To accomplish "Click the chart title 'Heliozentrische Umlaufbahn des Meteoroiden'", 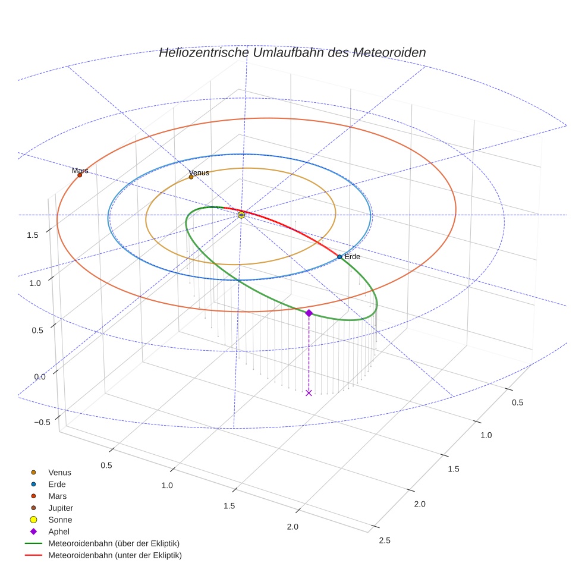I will click(292, 52).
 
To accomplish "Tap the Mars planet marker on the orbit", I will click(80, 175).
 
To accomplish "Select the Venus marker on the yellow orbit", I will click(191, 177).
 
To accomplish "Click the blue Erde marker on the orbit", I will click(339, 257).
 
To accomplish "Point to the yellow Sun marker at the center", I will click(241, 215).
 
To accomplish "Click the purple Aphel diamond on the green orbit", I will click(309, 313).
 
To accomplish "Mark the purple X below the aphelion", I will click(309, 392).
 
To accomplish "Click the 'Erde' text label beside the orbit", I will click(353, 257).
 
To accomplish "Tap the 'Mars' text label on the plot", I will click(80, 171).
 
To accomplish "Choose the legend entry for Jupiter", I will click(61, 508).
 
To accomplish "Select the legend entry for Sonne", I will click(60, 520).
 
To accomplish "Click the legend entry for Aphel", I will click(59, 531).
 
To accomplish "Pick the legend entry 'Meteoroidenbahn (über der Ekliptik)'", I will click(114, 543).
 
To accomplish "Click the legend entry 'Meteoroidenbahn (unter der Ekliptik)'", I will click(115, 555).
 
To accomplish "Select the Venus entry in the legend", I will click(59, 472).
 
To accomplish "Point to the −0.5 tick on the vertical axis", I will click(42, 422).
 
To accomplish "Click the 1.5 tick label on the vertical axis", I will click(33, 235).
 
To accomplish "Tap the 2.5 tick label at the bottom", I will click(385, 540).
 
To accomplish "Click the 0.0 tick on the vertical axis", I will click(40, 377).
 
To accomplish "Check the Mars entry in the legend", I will click(57, 496).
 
